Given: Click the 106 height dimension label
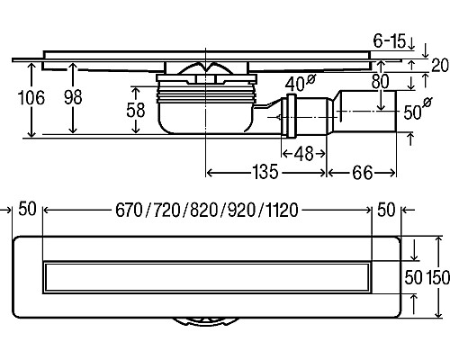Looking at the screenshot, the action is pos(31,98).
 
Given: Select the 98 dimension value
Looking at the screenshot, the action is pos(73,97).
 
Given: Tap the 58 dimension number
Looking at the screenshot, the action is pos(136,110).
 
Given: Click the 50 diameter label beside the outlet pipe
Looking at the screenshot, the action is pos(418,109).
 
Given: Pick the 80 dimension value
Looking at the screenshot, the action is pos(380,81).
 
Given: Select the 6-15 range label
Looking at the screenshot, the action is pos(390,40).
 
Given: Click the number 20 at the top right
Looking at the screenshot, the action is pos(440,65).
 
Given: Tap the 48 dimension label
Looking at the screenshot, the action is pos(304,154).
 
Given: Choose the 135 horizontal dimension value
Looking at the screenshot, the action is pos(265,172).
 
